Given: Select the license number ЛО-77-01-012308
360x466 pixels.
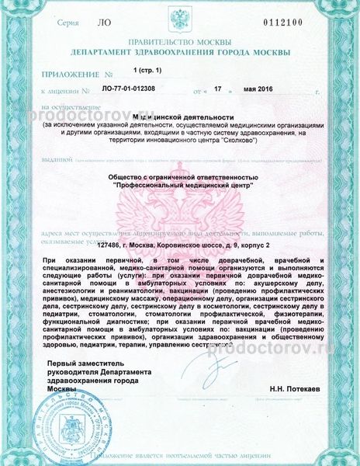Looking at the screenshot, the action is tap(131, 92).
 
